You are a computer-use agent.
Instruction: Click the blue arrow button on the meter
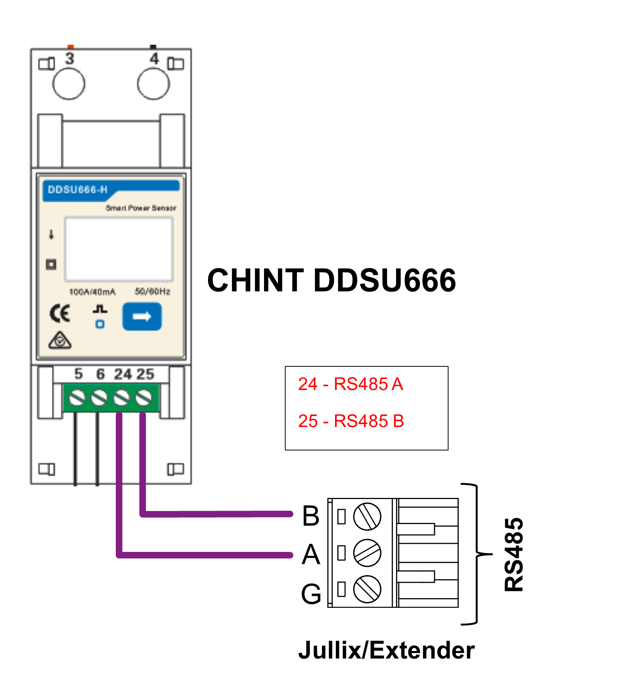coord(142,317)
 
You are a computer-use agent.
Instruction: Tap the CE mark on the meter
coord(60,313)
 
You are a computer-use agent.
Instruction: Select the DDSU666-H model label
coord(78,189)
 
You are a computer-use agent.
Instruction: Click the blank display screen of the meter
coord(119,249)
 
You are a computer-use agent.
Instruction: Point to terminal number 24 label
coord(123,374)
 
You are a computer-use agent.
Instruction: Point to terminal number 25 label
coord(145,374)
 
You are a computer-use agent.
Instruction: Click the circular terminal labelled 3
coord(69,84)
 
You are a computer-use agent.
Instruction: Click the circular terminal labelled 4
coord(153,84)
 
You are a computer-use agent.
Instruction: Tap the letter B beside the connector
coord(311,516)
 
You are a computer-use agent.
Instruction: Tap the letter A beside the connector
coord(311,554)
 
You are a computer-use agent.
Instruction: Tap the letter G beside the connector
coord(311,594)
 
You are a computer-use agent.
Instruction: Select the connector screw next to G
coord(367,589)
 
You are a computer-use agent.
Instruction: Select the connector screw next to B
coord(367,516)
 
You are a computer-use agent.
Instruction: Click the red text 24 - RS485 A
coord(350,384)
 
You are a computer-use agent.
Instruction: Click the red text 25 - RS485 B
coord(351,421)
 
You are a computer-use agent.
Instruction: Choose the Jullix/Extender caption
coord(386,650)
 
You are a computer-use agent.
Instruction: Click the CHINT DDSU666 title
coord(332,280)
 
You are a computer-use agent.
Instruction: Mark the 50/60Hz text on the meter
coord(152,292)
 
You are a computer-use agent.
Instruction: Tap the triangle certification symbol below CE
coord(60,340)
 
